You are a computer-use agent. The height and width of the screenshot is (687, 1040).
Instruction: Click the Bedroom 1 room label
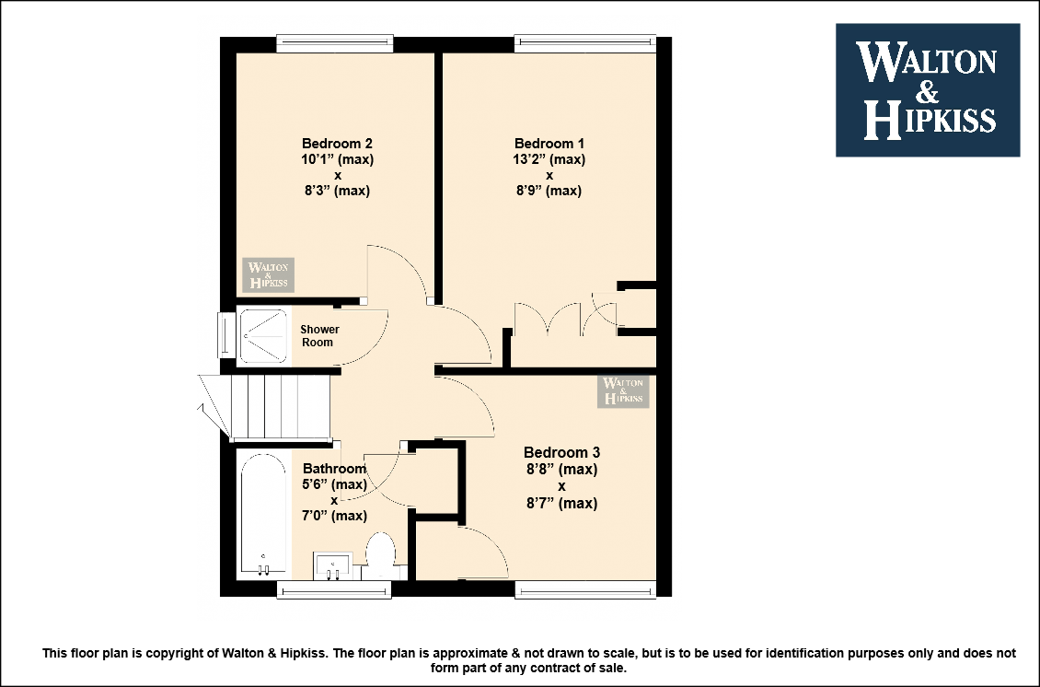[x=549, y=144]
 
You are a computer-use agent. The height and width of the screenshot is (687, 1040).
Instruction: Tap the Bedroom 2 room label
[x=337, y=144]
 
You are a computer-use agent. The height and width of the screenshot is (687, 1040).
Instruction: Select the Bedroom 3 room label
[x=561, y=453]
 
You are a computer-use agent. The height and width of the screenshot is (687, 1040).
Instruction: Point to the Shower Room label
[x=319, y=336]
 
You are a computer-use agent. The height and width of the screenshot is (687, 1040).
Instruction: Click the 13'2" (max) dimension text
[x=549, y=159]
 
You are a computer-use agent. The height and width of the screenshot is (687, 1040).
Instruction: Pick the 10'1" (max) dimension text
[x=337, y=159]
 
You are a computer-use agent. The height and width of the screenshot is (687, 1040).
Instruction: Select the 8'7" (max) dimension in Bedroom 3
[x=561, y=503]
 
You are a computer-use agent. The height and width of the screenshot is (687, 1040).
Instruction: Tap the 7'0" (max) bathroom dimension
[x=334, y=516]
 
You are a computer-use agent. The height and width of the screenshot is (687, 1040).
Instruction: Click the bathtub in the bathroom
[x=264, y=514]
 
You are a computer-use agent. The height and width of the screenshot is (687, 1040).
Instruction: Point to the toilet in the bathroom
[x=381, y=555]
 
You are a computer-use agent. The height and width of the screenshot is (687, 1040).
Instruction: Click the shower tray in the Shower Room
[x=263, y=336]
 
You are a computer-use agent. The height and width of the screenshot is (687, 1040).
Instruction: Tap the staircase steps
[x=280, y=406]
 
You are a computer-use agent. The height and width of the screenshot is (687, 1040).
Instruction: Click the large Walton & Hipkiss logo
[x=927, y=90]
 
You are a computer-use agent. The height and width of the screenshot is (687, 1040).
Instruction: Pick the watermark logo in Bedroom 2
[x=268, y=274]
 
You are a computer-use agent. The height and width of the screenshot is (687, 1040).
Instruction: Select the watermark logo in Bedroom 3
[x=623, y=391]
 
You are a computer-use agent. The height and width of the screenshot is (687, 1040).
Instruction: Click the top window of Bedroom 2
[x=335, y=44]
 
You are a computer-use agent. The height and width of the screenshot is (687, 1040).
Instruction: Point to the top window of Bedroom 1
[x=585, y=44]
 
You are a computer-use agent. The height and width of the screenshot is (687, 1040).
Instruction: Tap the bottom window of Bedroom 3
[x=585, y=589]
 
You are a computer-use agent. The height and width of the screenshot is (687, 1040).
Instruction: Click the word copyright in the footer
[x=181, y=653]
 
